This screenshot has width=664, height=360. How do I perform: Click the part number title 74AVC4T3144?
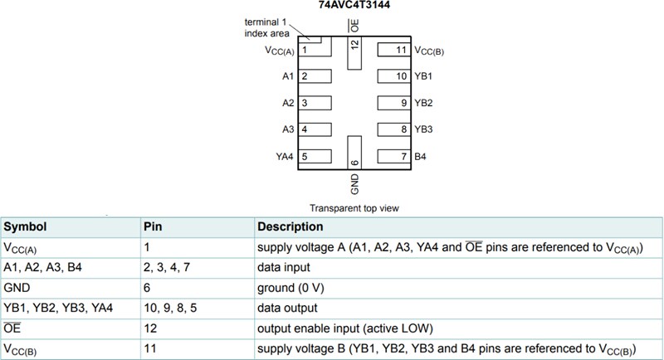click(354, 5)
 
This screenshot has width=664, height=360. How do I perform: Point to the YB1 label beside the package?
click(423, 76)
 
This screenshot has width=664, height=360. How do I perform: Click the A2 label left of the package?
click(288, 103)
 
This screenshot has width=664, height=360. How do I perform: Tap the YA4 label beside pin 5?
click(286, 156)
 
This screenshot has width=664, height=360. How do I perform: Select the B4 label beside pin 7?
click(420, 156)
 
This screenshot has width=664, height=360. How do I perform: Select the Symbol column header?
click(25, 226)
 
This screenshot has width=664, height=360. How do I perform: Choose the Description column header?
click(290, 226)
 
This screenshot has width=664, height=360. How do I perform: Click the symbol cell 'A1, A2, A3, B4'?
click(41, 267)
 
